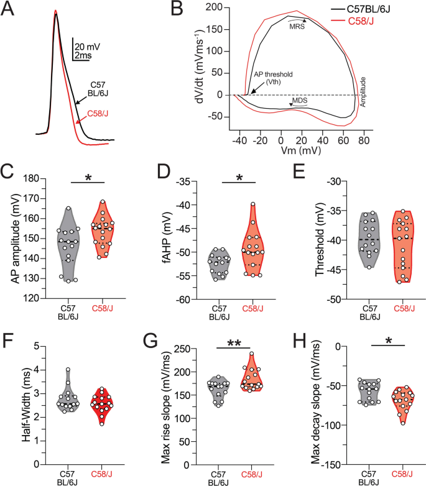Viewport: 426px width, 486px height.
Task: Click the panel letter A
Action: tap(10, 9)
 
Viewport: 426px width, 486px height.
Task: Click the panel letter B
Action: tap(159, 9)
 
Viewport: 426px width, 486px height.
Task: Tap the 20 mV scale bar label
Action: tap(86, 46)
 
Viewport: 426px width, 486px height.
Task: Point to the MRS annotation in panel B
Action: tap(296, 25)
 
